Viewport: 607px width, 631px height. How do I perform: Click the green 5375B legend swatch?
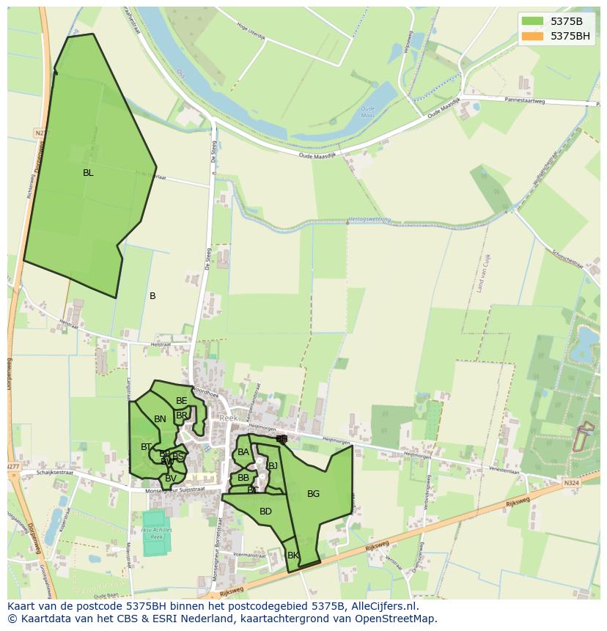(x=532, y=21)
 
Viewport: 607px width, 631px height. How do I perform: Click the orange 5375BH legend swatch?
(x=532, y=35)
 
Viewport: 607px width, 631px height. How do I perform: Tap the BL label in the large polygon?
(x=88, y=173)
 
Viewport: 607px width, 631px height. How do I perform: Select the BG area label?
(x=313, y=494)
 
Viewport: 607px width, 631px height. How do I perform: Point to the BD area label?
(x=265, y=512)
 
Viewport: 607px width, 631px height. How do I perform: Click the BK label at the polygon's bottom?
(x=293, y=556)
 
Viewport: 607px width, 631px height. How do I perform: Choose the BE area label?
(x=181, y=401)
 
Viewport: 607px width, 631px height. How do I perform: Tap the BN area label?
(x=160, y=419)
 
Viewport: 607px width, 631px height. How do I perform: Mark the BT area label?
(x=146, y=447)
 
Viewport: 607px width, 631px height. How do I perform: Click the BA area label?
(x=243, y=452)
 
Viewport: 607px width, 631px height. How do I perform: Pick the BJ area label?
(x=273, y=465)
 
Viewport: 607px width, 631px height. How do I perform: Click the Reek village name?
(x=229, y=418)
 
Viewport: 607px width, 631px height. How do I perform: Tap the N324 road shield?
(x=571, y=483)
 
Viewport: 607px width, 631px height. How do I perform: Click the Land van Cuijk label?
(x=482, y=273)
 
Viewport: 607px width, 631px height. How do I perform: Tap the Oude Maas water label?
(x=367, y=111)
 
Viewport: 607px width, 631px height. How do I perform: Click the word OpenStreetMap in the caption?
(x=401, y=619)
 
